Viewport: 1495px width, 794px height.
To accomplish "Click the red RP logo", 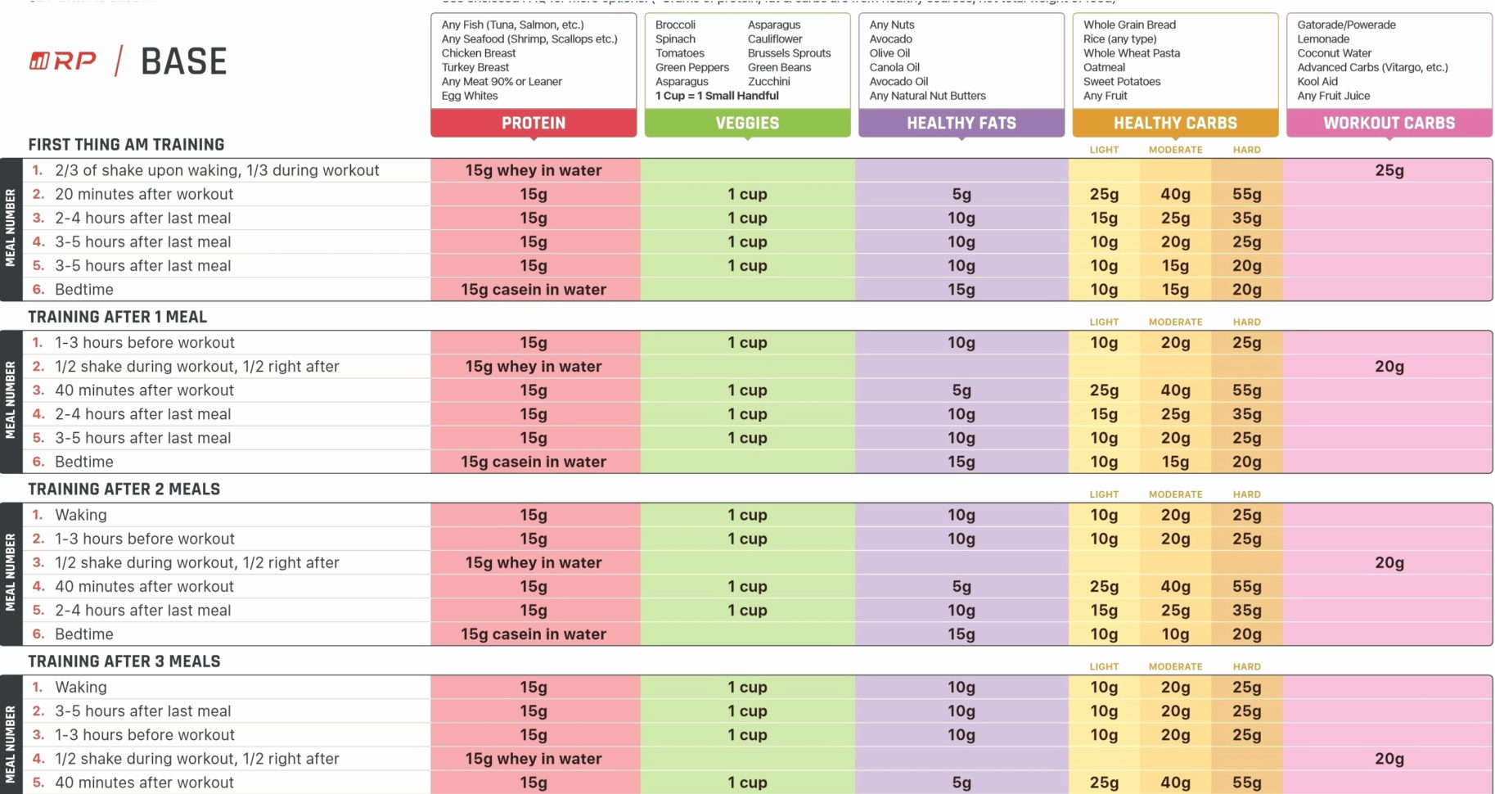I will pos(63,61).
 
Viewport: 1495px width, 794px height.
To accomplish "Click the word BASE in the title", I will pos(183,61).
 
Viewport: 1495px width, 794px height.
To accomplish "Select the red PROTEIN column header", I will pos(534,123).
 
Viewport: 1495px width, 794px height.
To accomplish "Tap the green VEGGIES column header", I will pos(747,123).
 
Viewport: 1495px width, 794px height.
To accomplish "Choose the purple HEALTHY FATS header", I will pos(961,123).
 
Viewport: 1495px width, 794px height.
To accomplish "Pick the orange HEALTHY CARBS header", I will pos(1175,123).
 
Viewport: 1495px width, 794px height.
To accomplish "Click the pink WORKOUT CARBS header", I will pos(1389,123).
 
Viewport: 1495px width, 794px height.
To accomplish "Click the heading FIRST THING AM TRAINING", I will pos(126,145).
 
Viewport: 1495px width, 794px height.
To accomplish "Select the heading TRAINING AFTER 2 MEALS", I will pos(124,489).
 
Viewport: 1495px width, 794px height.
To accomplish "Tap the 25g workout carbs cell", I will pos(1389,170).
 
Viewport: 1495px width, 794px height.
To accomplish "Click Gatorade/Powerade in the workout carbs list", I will pos(1346,25).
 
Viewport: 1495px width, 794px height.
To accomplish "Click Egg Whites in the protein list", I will pos(469,96).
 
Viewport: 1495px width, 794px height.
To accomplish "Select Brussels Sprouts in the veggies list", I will pos(789,53).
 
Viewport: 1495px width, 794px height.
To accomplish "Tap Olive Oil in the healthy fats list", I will pos(889,53).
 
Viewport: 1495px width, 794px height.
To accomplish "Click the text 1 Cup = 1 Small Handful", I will pos(717,96).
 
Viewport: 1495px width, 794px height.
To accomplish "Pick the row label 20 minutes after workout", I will pos(144,194).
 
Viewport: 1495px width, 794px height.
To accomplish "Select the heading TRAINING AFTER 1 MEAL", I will pos(117,317).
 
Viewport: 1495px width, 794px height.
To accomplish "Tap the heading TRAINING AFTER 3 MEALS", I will pos(124,661).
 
